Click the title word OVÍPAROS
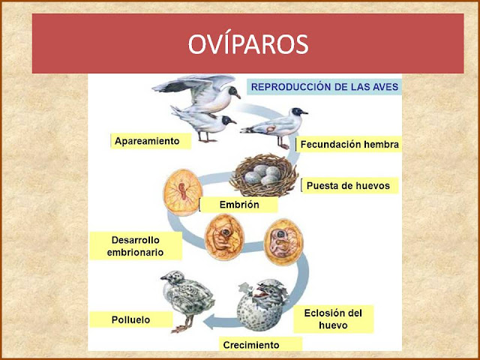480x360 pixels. [248, 44]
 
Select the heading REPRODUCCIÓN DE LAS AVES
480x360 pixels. [325, 87]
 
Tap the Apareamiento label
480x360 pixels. [147, 141]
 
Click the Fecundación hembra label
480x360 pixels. [349, 145]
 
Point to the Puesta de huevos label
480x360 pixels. [348, 185]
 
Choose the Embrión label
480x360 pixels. [239, 205]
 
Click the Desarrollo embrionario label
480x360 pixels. [135, 246]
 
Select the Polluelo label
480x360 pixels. [130, 320]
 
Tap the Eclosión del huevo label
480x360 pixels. [333, 319]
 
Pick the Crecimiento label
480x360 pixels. [251, 345]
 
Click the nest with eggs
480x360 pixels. [264, 175]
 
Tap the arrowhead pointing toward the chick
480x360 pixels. [208, 322]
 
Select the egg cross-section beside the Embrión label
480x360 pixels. [183, 192]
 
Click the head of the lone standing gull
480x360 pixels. [298, 112]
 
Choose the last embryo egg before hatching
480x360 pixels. [283, 241]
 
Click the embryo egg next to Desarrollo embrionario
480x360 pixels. [224, 237]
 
